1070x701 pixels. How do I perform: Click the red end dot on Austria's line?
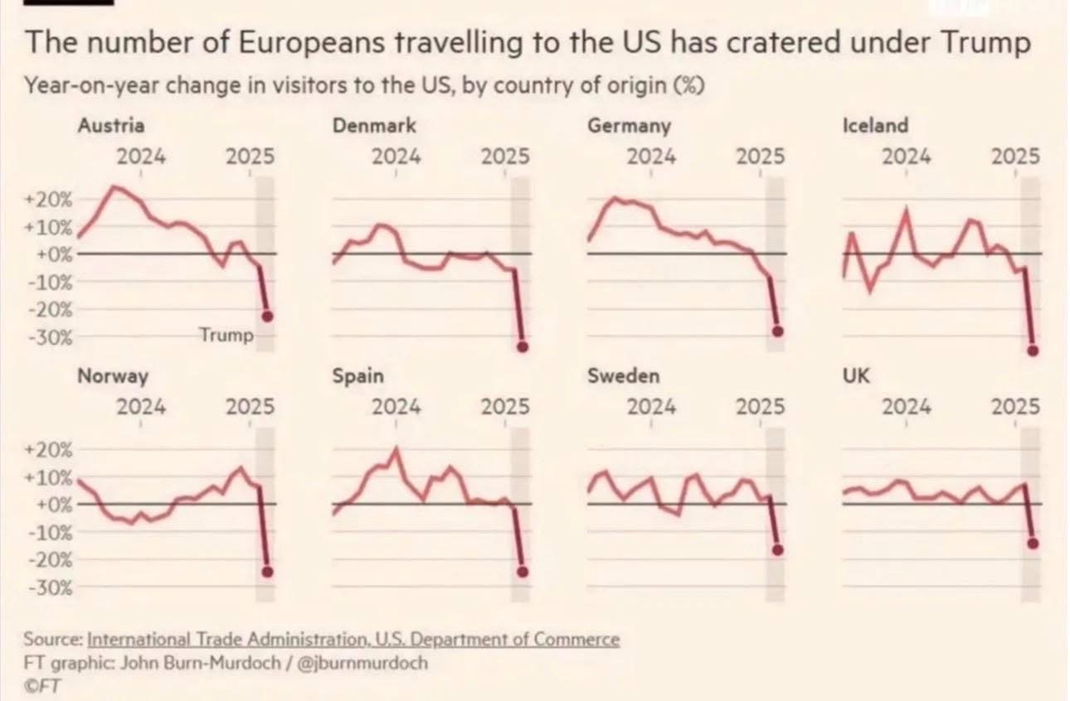click(267, 316)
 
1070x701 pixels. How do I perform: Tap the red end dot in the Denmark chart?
click(523, 346)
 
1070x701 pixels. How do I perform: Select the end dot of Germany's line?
click(777, 331)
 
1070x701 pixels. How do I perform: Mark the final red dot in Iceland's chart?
click(1032, 350)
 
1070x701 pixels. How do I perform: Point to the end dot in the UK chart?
click(1033, 543)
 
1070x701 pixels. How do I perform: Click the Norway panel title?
click(113, 376)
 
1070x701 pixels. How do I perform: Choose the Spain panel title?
click(357, 376)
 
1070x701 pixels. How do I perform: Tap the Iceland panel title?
click(875, 126)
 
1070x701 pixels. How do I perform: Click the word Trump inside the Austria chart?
click(226, 336)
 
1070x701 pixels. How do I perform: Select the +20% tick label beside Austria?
click(51, 200)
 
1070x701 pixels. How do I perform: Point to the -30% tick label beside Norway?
click(51, 587)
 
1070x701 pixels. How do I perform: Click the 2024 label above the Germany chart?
click(651, 156)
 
